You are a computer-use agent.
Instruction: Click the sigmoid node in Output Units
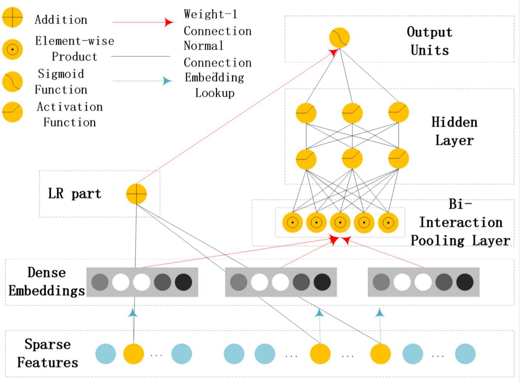point(339,38)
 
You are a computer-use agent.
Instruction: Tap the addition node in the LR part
point(136,194)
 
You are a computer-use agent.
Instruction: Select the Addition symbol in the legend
point(13,17)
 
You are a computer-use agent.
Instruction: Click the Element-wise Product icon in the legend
point(13,49)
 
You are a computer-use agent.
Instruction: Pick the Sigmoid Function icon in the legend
point(13,82)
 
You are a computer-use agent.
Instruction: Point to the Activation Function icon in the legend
point(13,112)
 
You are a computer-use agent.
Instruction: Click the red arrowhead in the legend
point(169,23)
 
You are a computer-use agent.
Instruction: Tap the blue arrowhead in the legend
point(167,81)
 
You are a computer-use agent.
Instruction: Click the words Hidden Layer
point(454,131)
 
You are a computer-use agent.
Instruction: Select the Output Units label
point(430,41)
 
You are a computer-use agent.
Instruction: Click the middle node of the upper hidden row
point(352,113)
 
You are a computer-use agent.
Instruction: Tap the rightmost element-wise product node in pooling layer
point(388,223)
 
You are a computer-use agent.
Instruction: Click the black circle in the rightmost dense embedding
point(465,282)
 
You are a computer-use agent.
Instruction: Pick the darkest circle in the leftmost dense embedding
point(184,282)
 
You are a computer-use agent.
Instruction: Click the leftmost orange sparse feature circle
point(133,354)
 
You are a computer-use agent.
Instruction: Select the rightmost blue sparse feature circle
point(465,354)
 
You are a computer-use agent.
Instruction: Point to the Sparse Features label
point(48,353)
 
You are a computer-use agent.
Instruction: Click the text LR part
point(75,194)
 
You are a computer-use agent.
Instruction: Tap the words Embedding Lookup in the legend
point(215,85)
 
